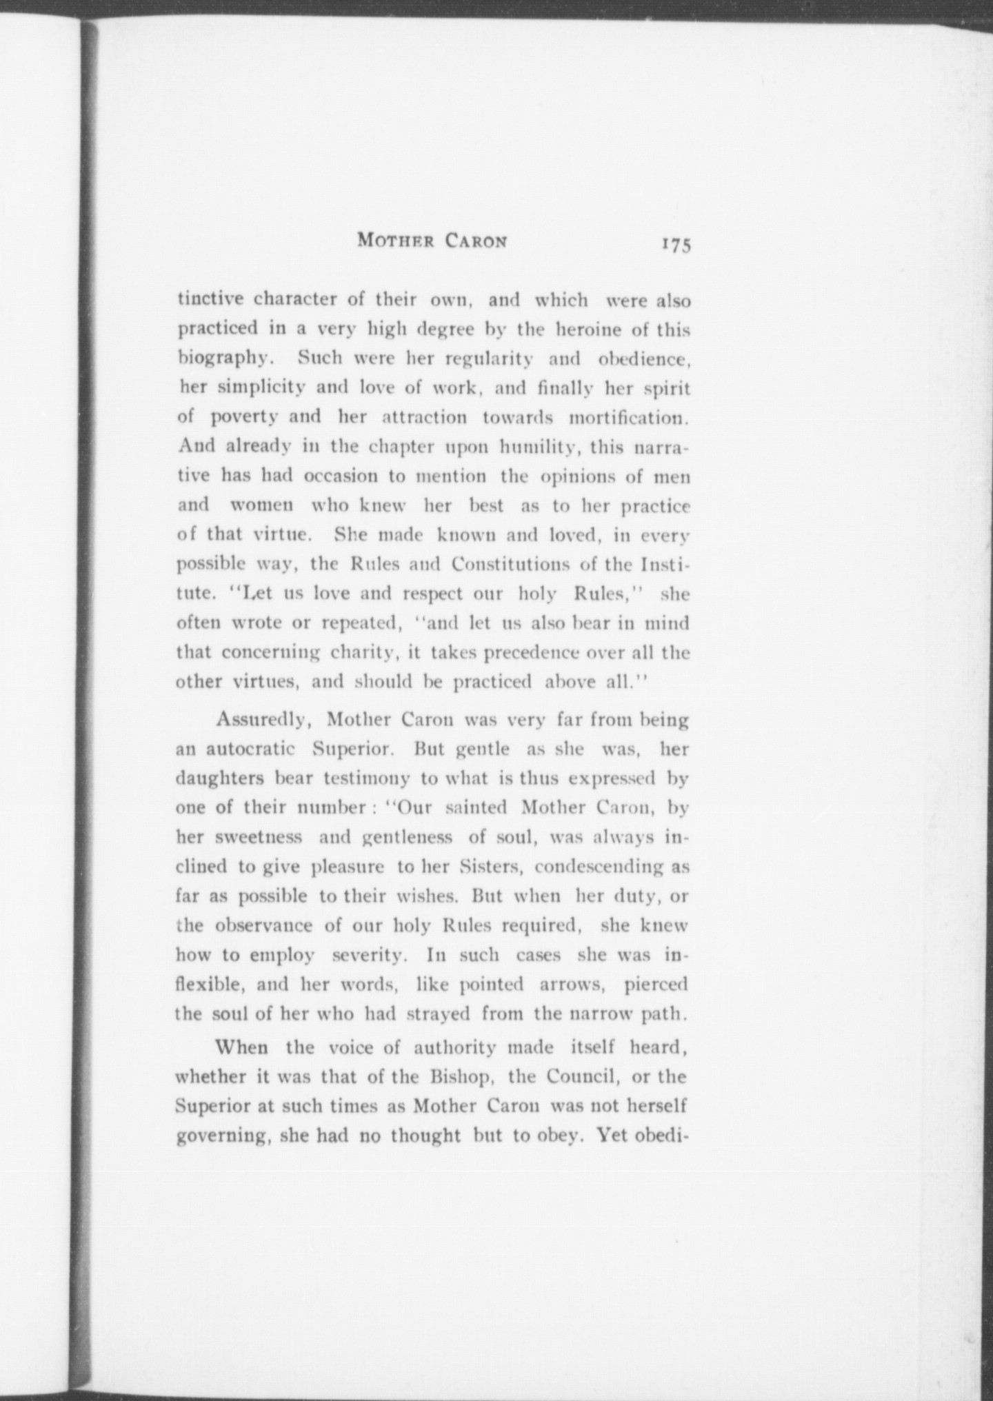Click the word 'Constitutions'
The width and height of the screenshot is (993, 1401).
click(x=512, y=564)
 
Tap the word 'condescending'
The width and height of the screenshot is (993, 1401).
click(x=599, y=867)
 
